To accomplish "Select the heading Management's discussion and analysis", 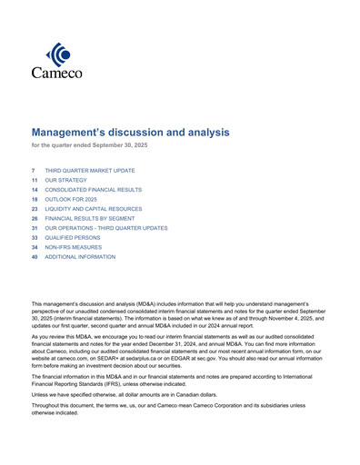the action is [x=130, y=133].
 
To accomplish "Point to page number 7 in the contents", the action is [x=34, y=170].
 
